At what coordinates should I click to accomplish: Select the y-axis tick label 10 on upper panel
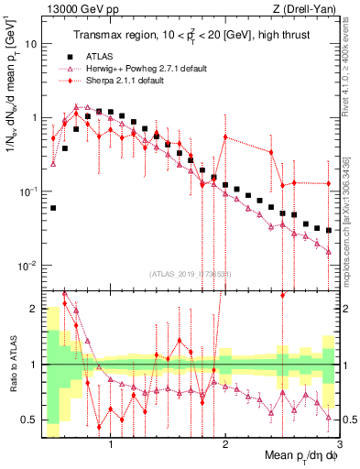pyautogui.click(x=31, y=44)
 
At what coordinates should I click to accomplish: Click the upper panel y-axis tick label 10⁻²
pyautogui.click(x=28, y=266)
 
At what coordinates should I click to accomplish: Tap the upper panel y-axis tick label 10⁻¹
pyautogui.click(x=28, y=191)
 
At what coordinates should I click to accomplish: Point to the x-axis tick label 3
pyautogui.click(x=340, y=447)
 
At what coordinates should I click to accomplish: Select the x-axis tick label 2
pyautogui.click(x=225, y=447)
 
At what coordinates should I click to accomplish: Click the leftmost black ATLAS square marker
pyautogui.click(x=53, y=208)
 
